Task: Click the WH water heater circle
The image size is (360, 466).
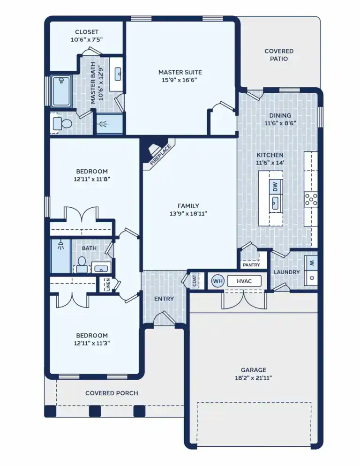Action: point(217,281)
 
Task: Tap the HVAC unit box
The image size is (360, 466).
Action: point(244,281)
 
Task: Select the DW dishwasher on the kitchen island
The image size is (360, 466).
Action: point(276,187)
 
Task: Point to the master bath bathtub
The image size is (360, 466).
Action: point(61,91)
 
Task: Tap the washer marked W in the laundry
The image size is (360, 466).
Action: point(310,263)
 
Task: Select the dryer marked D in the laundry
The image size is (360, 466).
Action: point(310,278)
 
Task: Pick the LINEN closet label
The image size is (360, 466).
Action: point(108,284)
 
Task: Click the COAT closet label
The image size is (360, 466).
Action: point(194,280)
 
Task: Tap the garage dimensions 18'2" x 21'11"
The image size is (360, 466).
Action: point(254,378)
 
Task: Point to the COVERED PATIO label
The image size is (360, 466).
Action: point(279,55)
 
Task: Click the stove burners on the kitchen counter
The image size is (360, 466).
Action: point(311,199)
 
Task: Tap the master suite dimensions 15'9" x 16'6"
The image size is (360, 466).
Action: point(180,80)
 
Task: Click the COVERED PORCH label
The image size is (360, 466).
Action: point(112,393)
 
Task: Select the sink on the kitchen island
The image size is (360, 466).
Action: point(276,203)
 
